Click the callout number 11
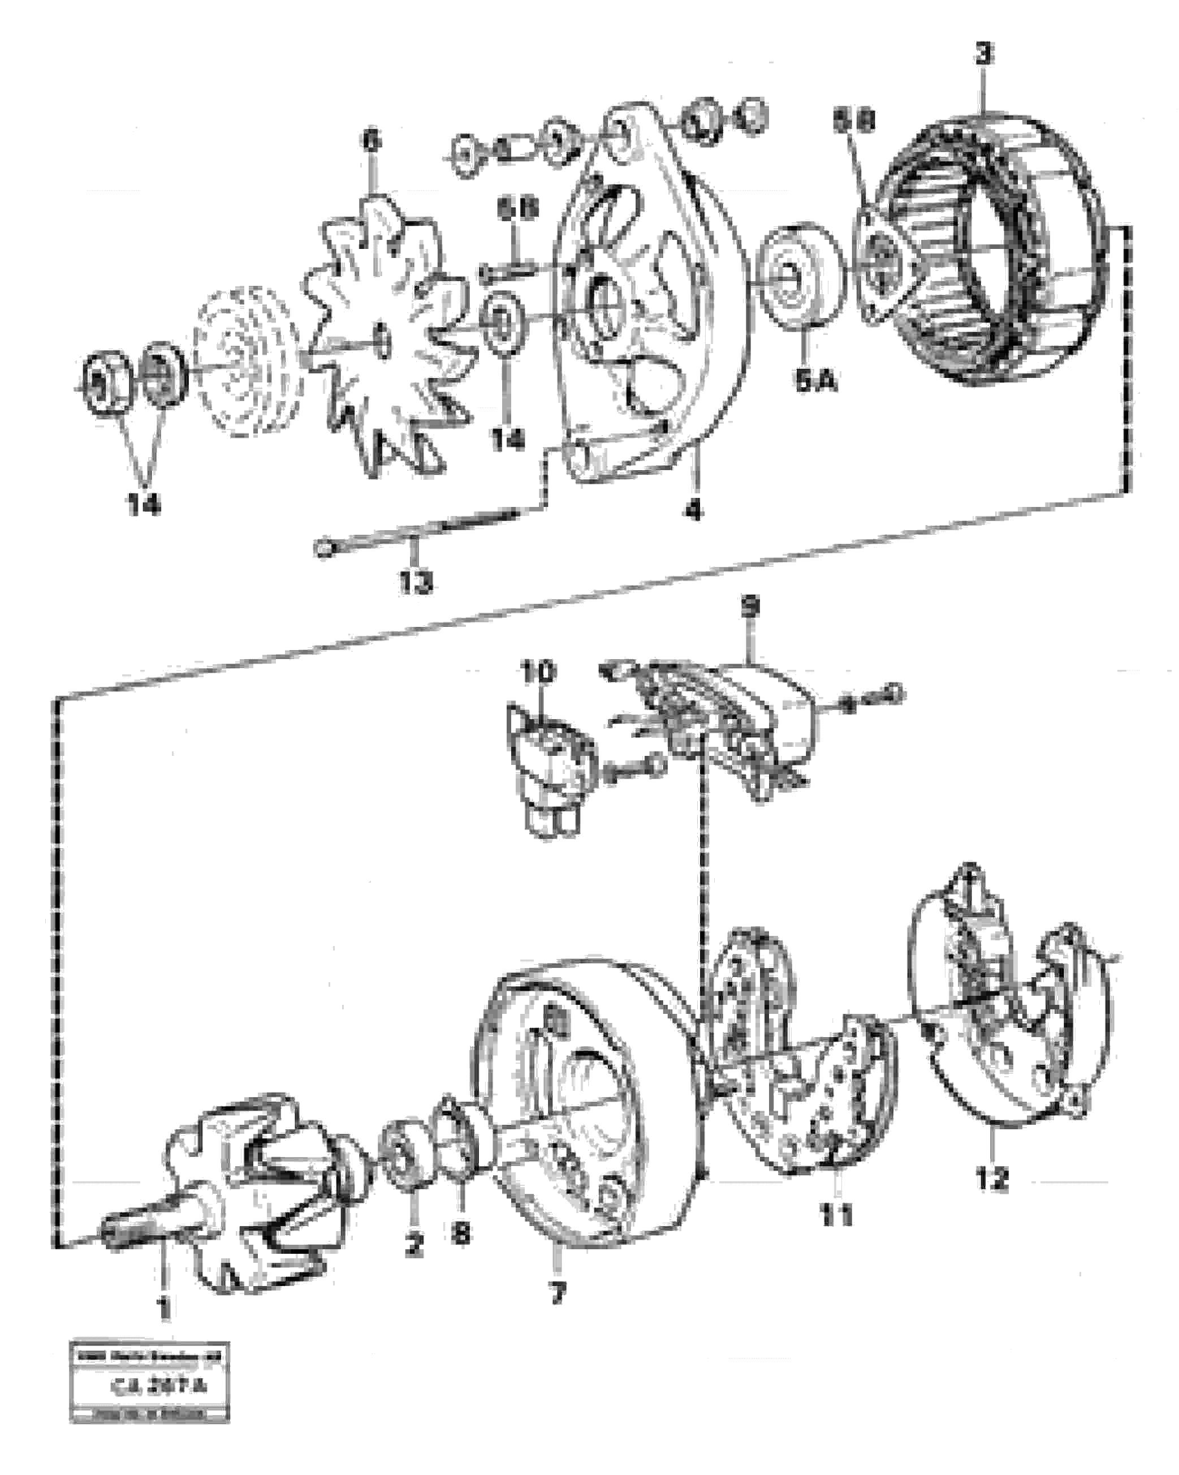(x=837, y=1216)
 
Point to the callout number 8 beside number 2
(x=461, y=1233)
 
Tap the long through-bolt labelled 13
(x=417, y=533)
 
